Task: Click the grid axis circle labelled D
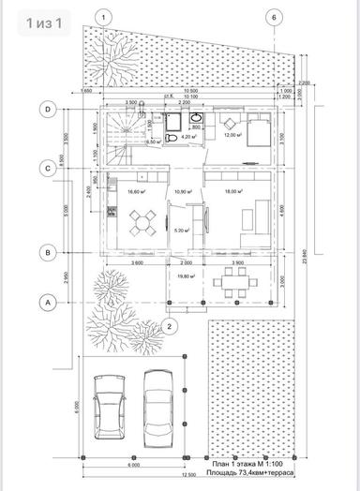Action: point(46,109)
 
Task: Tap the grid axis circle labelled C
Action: point(46,168)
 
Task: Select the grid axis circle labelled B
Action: point(46,251)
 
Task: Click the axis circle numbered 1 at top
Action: point(106,17)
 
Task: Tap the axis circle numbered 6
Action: point(272,17)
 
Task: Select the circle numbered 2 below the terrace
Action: point(169,326)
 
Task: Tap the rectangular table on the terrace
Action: point(231,281)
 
